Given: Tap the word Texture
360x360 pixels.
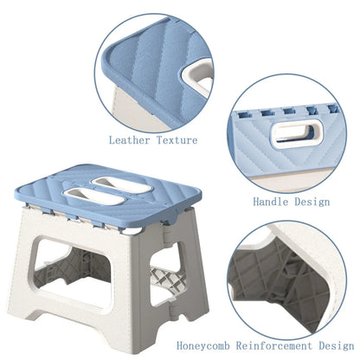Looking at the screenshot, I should [177, 139].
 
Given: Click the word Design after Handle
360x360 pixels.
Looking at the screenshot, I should [312, 201].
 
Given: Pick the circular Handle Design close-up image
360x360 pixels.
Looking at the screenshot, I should [290, 138].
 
